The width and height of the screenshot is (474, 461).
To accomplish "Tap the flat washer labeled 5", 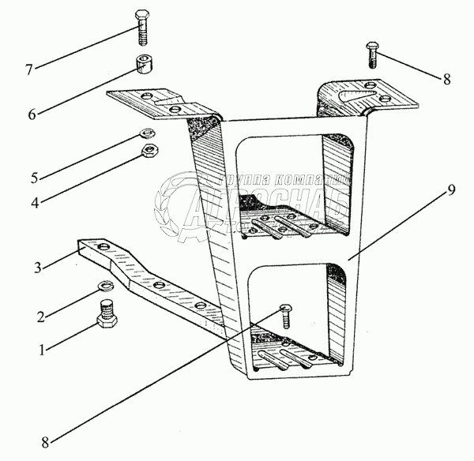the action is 147,133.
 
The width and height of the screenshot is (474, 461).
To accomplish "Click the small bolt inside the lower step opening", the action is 287,314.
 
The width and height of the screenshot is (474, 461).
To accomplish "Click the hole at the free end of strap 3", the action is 100,247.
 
